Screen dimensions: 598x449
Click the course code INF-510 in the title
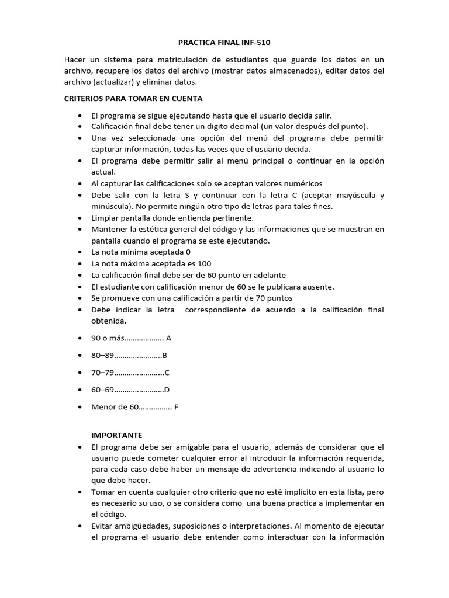(254, 43)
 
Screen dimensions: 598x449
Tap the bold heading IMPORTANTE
(117, 435)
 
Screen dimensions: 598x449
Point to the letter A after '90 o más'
(168, 338)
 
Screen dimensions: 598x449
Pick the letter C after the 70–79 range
(167, 372)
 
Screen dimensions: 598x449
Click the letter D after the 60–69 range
(167, 390)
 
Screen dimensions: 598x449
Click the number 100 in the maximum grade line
(205, 263)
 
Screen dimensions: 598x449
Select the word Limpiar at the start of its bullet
(106, 217)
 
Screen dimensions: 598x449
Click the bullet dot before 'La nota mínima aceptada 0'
(79, 252)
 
